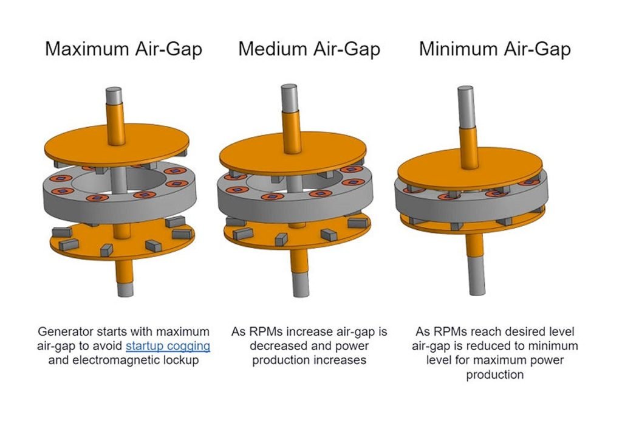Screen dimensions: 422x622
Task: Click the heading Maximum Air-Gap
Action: tap(123, 49)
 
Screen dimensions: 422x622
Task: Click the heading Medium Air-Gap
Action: tap(309, 49)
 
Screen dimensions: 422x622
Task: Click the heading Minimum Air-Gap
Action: tap(494, 49)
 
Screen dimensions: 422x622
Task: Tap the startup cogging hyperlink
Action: tap(168, 346)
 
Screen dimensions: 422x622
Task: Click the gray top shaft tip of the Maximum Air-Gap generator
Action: tap(114, 96)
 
